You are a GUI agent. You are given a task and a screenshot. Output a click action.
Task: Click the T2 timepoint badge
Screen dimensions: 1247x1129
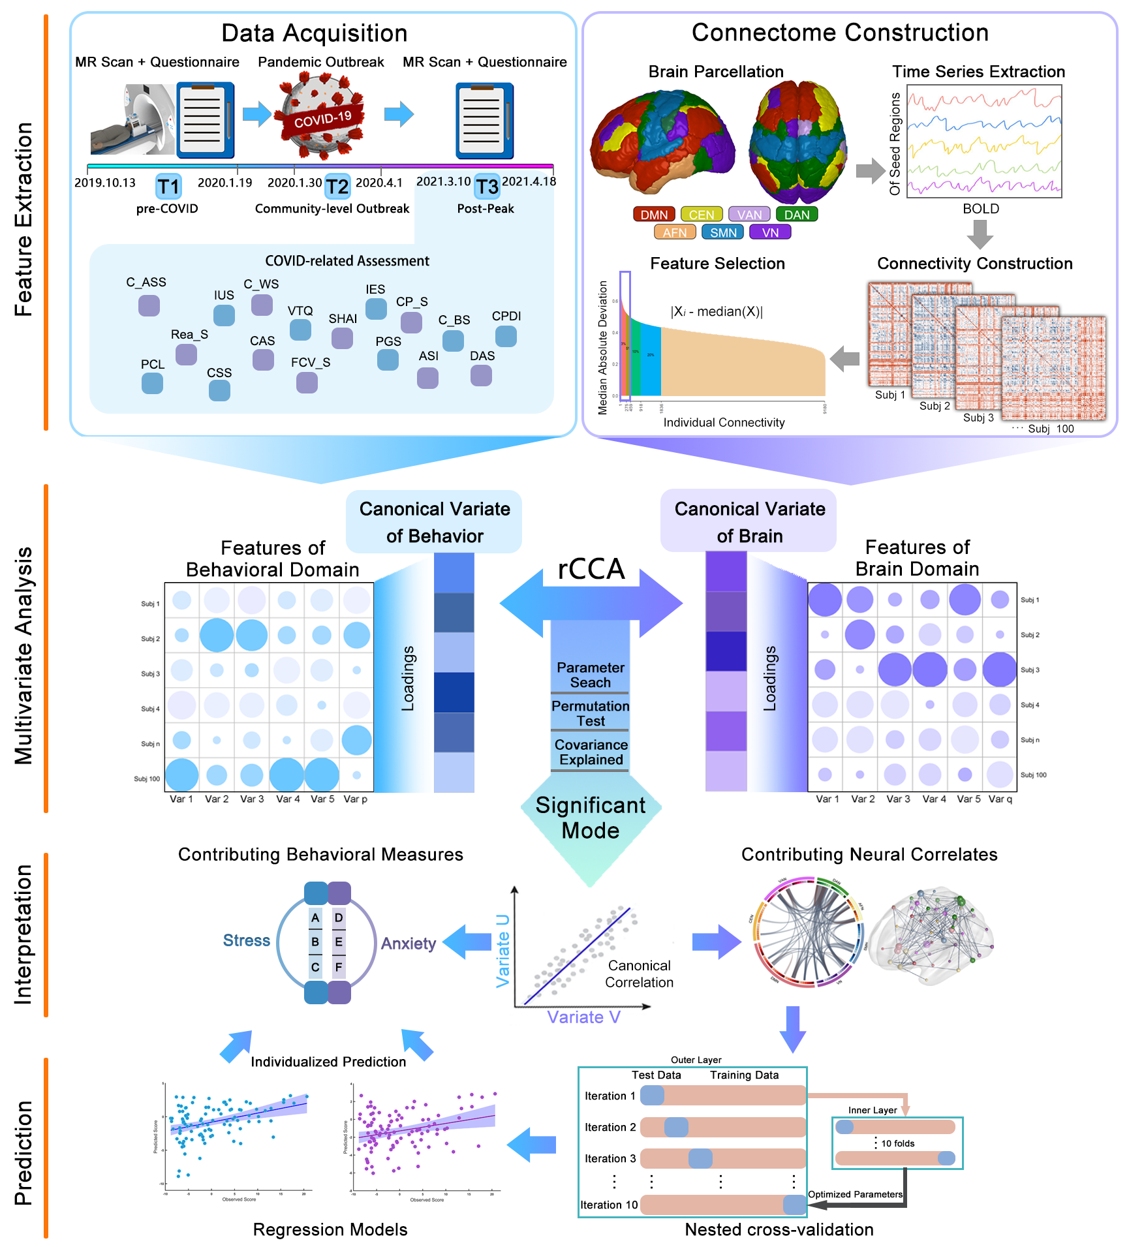click(x=337, y=187)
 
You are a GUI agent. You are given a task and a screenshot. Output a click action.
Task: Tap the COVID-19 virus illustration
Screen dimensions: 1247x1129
click(x=320, y=116)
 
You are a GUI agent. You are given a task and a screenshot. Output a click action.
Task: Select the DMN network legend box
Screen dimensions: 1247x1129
click(x=653, y=215)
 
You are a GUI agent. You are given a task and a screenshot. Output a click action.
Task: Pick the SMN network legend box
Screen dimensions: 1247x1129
click(x=723, y=232)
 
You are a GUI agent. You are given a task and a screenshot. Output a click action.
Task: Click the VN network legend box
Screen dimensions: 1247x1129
click(x=770, y=232)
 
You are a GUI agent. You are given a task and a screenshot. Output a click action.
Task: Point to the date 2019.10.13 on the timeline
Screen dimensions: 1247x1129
click(x=105, y=183)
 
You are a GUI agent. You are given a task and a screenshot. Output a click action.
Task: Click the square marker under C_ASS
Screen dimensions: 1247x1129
click(x=149, y=305)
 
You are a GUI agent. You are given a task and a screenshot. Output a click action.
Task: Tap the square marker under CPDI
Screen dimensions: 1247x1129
click(x=506, y=336)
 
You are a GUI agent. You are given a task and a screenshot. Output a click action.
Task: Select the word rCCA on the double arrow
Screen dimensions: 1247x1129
click(x=591, y=569)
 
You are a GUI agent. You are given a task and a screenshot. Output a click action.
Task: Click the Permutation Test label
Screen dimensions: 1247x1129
click(x=591, y=713)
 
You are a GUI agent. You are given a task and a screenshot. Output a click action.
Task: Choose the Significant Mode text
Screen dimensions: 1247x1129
click(x=591, y=818)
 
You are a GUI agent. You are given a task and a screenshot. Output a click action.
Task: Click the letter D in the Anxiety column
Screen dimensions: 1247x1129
click(x=339, y=917)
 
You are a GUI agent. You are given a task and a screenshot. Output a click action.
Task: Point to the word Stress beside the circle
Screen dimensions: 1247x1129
click(x=246, y=940)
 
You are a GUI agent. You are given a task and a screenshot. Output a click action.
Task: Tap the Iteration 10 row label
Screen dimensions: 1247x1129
click(x=609, y=1205)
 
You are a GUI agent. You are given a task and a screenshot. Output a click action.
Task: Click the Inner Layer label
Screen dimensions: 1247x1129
click(x=873, y=1110)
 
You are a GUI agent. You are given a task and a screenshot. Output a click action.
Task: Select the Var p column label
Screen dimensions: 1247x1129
click(x=356, y=799)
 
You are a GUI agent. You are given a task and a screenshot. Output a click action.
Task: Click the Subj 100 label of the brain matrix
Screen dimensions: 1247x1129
click(x=1033, y=775)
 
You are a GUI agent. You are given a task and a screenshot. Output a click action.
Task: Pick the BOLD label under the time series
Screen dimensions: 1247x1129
click(x=981, y=209)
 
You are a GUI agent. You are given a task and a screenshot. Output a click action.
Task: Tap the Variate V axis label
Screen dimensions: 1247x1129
click(x=583, y=1017)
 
